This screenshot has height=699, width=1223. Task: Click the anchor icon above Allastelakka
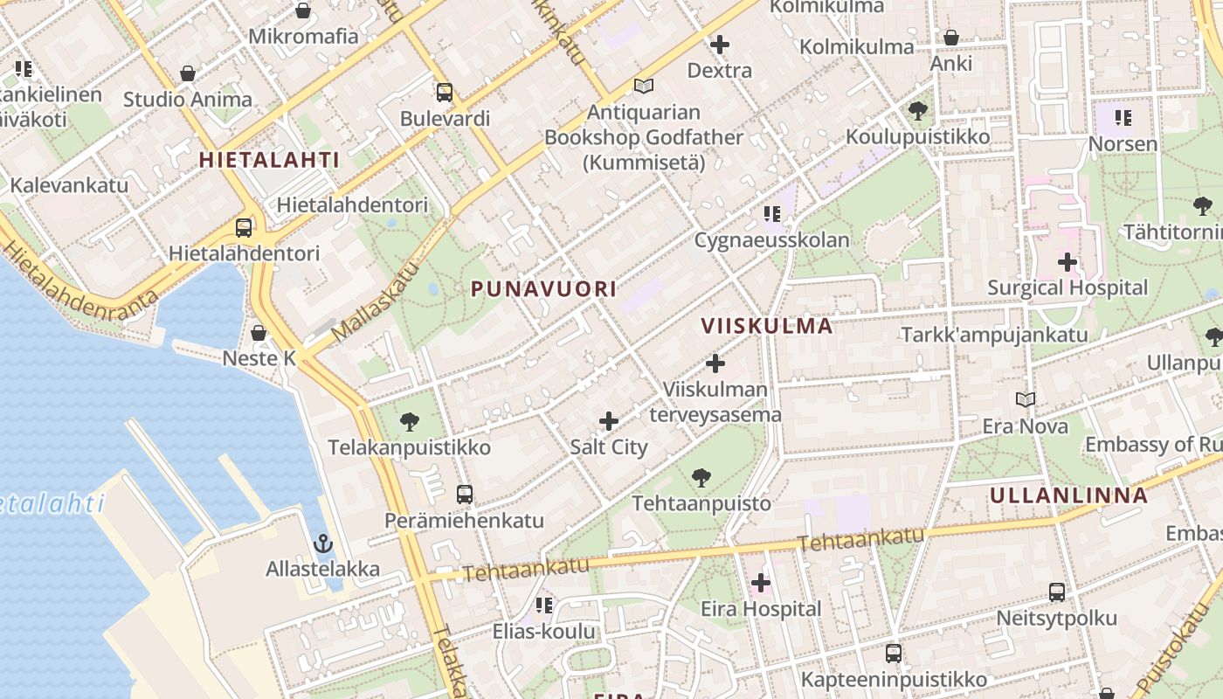pyautogui.click(x=323, y=543)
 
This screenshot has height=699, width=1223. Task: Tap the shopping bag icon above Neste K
pyautogui.click(x=259, y=333)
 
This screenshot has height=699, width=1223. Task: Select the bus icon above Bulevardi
pyautogui.click(x=445, y=92)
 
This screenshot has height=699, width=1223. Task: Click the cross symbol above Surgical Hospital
pyautogui.click(x=1067, y=261)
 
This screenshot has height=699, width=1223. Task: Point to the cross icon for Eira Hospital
pyautogui.click(x=761, y=583)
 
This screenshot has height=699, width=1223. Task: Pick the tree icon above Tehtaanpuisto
pyautogui.click(x=701, y=477)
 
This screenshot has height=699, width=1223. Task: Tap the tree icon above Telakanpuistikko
pyautogui.click(x=409, y=422)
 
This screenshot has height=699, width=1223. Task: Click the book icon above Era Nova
pyautogui.click(x=1026, y=399)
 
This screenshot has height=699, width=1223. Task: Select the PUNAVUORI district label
pyautogui.click(x=543, y=288)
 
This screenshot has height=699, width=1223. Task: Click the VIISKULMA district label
pyautogui.click(x=767, y=326)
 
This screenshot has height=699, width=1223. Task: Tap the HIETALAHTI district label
pyautogui.click(x=269, y=160)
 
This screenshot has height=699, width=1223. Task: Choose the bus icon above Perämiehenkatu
pyautogui.click(x=465, y=495)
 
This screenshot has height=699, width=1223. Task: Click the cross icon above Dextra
pyautogui.click(x=720, y=44)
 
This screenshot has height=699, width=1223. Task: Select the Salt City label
pyautogui.click(x=609, y=447)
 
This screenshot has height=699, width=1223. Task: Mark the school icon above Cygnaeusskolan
pyautogui.click(x=771, y=213)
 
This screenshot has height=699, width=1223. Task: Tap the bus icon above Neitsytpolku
pyautogui.click(x=1057, y=592)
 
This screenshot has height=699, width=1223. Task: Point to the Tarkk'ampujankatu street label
pyautogui.click(x=994, y=335)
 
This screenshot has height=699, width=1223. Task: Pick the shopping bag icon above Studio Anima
pyautogui.click(x=188, y=73)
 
